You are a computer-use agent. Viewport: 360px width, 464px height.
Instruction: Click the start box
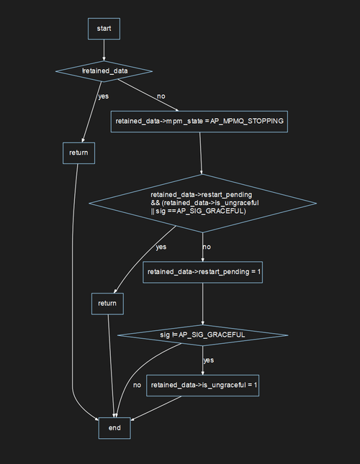104,29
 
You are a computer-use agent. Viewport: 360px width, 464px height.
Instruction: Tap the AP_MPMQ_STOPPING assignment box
199,122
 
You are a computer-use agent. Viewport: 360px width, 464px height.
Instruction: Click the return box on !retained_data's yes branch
78,153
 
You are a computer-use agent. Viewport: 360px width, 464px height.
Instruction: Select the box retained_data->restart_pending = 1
203,271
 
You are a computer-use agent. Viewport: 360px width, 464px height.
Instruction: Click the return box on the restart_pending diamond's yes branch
107,304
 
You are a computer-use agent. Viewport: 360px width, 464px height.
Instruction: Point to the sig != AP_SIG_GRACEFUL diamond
202,335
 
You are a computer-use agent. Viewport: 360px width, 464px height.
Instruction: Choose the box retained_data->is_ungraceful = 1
203,386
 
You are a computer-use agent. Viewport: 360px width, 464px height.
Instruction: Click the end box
114,427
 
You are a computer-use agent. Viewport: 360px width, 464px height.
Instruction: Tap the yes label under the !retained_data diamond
104,96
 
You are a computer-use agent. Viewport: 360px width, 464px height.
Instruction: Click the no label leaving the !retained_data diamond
161,96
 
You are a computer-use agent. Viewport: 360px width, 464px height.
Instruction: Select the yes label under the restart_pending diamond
161,247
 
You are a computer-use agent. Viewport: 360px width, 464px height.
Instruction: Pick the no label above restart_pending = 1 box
207,247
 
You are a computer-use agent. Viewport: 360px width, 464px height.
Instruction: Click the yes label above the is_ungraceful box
208,360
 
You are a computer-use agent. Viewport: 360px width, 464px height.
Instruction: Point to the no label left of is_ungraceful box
137,385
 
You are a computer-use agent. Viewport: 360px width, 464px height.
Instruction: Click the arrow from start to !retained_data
104,50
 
